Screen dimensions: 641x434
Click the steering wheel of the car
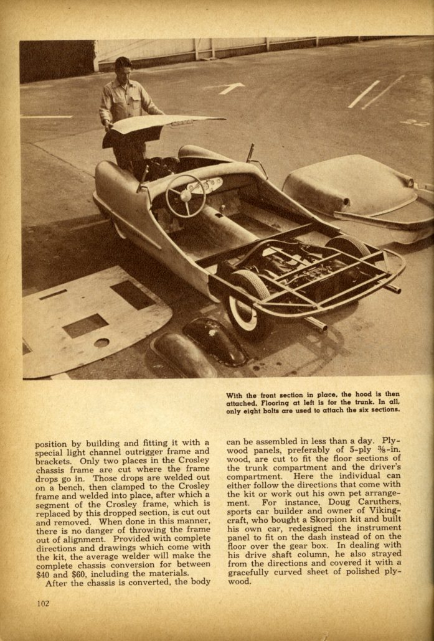pyautogui.click(x=185, y=196)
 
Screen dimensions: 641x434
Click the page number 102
pyautogui.click(x=42, y=603)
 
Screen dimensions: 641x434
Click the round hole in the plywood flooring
pyautogui.click(x=101, y=342)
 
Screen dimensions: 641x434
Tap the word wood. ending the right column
pyautogui.click(x=238, y=582)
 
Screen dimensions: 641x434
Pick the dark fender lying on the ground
pyautogui.click(x=215, y=341)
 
